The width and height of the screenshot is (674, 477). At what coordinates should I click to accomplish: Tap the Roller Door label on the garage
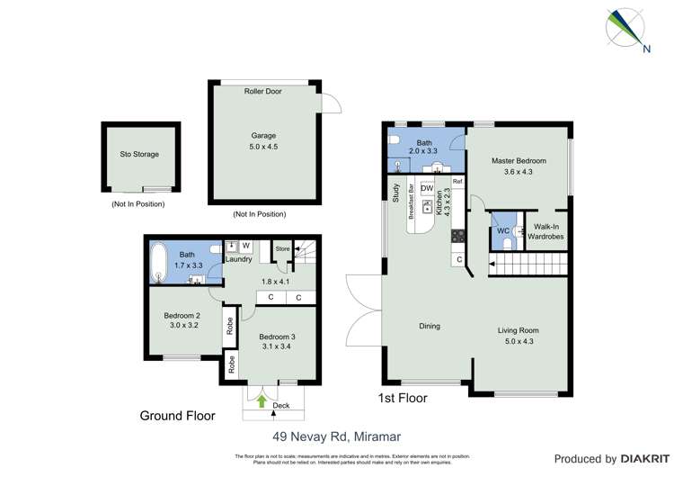coord(263,92)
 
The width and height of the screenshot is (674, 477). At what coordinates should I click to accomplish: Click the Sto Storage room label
coord(139,155)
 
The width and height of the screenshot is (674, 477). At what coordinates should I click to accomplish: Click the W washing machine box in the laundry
coord(245,245)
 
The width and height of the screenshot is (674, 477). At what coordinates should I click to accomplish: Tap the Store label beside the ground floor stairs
coord(282,248)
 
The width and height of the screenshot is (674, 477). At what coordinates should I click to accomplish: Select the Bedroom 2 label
coord(182,320)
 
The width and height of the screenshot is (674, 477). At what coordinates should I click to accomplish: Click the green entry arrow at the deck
coord(262,401)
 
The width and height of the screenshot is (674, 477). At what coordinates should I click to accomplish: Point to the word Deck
coord(281,406)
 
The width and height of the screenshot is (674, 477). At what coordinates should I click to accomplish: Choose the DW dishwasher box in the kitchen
coord(427,188)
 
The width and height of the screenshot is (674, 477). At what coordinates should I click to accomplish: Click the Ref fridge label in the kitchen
coord(457,183)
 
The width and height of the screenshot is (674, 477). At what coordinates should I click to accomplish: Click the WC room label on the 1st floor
coord(503,230)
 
